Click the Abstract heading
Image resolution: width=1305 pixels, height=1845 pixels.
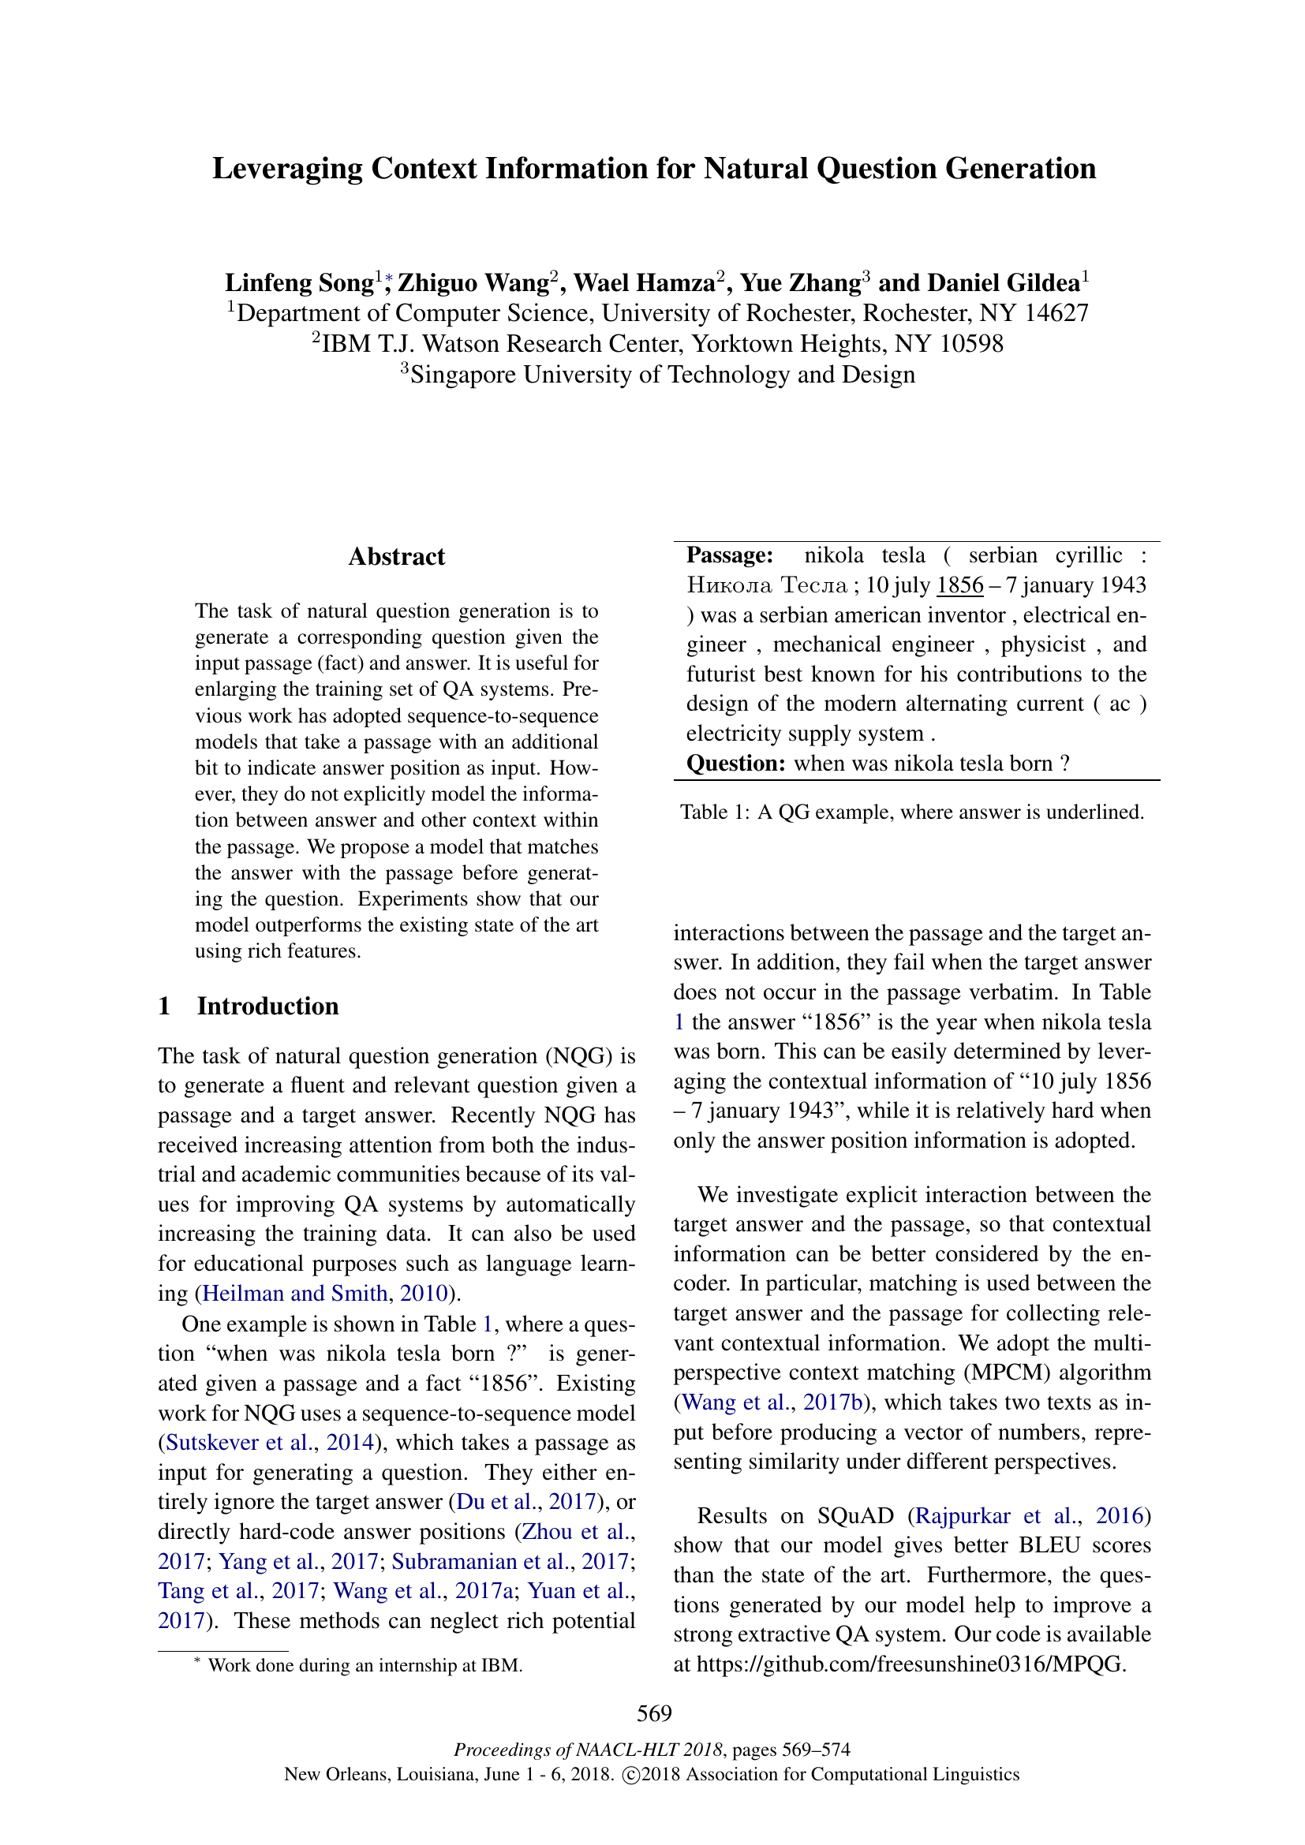coord(396,557)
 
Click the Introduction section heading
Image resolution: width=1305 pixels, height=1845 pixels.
coord(267,1006)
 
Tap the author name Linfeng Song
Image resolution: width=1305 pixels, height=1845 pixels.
coord(299,283)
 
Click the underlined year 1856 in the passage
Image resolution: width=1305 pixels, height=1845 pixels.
coord(959,585)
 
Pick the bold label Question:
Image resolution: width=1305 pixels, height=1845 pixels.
coord(735,763)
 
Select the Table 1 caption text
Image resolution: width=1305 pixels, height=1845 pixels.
coord(912,812)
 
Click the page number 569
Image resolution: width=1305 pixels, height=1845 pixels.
coord(654,1713)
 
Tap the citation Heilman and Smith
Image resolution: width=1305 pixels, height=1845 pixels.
coord(295,1293)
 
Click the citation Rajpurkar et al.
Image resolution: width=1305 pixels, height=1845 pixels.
coord(997,1515)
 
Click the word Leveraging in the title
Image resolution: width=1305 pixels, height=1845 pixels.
coord(287,169)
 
